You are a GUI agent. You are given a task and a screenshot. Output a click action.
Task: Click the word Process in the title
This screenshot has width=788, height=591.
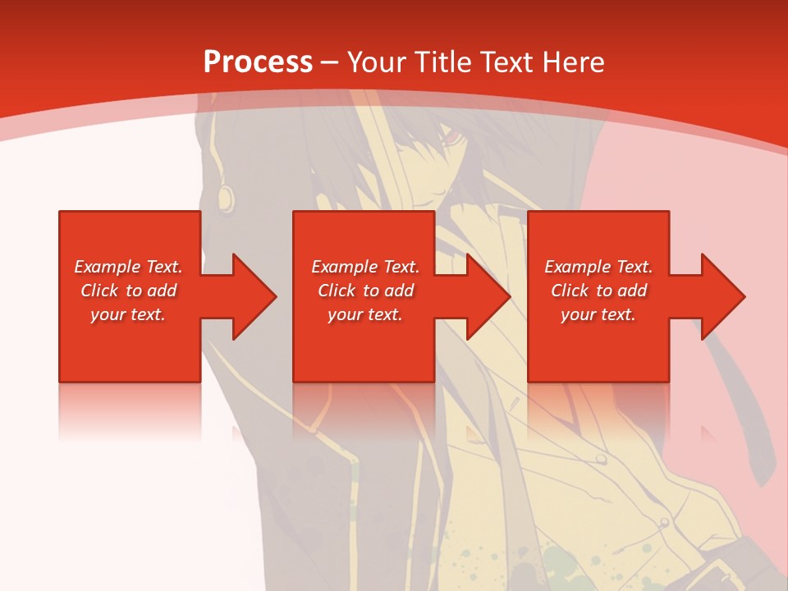point(258,62)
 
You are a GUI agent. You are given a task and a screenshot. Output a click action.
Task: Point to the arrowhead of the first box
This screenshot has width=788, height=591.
point(254,296)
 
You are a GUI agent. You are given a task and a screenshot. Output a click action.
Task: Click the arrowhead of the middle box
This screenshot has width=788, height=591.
point(489,296)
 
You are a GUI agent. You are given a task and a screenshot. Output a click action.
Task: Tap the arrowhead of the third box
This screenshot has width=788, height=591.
point(723,296)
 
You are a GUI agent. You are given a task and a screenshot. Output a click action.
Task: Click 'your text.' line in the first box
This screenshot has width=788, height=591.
point(128,314)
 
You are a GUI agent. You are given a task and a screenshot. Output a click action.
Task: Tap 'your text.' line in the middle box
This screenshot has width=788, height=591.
point(365,314)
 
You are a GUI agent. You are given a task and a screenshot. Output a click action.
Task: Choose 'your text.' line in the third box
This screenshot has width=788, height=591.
point(598,314)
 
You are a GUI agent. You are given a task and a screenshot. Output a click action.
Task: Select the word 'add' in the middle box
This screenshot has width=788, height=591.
point(398,291)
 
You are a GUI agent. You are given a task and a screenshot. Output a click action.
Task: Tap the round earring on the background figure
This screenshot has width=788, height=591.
point(226,197)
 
